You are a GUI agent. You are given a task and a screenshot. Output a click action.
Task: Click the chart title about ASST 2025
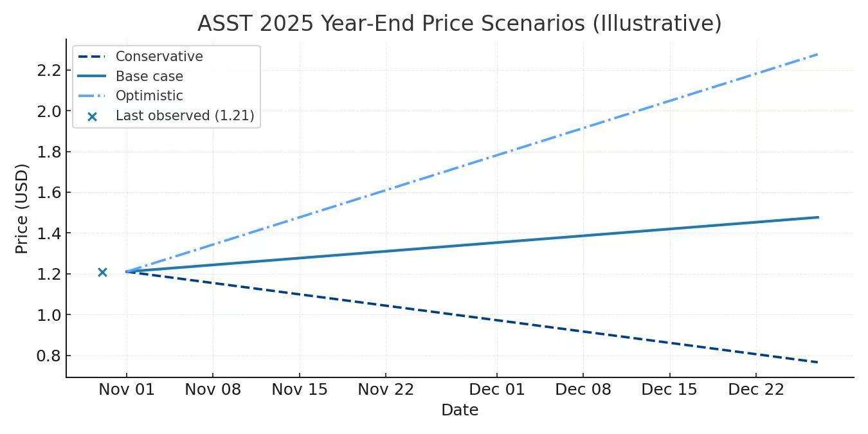pos(459,24)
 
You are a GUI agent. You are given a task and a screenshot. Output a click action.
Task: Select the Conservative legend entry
pos(159,57)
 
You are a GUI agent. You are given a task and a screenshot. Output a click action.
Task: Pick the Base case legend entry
pos(149,77)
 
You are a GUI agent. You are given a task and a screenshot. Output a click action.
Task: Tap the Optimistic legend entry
pos(149,96)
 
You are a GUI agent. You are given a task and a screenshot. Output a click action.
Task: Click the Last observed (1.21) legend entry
pos(185,116)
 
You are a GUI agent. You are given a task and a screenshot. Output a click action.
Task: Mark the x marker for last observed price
pos(102,272)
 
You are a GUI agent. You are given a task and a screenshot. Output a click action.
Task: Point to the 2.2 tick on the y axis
pos(49,70)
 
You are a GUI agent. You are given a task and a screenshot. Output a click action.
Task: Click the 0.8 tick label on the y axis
pos(49,356)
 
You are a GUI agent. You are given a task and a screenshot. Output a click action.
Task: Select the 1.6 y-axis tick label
pos(49,193)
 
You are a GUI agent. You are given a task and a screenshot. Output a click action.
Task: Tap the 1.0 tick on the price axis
pos(49,315)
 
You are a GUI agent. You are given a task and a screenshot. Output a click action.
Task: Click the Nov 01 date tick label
pos(127,390)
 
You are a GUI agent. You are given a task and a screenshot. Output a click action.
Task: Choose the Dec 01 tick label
pos(497,390)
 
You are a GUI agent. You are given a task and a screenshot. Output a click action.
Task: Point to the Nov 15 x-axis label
pos(300,390)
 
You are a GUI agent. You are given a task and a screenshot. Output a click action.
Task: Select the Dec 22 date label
pos(755,390)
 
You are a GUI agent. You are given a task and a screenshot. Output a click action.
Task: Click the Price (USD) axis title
pos(22,209)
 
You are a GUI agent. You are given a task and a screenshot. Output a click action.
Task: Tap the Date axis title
pos(460,410)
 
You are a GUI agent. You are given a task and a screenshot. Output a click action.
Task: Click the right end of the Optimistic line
pos(817,54)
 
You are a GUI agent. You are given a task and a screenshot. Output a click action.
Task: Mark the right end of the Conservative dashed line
pos(817,363)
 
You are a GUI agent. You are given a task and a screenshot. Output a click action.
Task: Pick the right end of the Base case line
pos(818,217)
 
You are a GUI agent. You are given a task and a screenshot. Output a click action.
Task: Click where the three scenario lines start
pos(127,271)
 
